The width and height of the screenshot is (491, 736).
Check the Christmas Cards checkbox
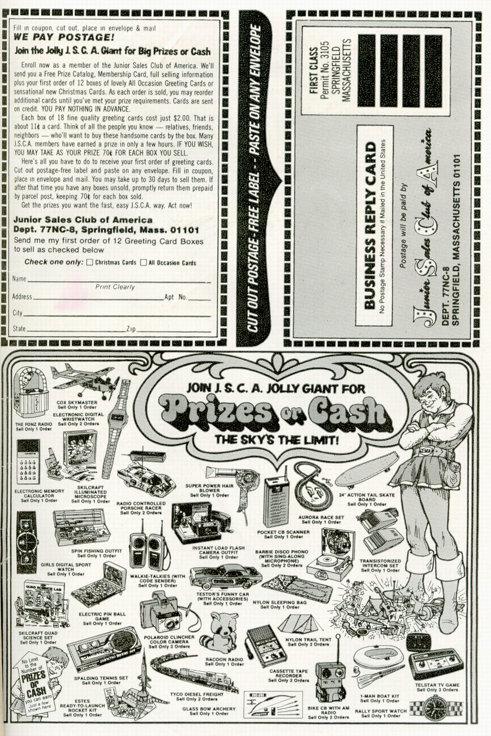pyautogui.click(x=90, y=262)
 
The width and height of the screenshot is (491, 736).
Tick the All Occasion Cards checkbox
pyautogui.click(x=143, y=262)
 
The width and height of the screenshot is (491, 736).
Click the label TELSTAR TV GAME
pyautogui.click(x=437, y=685)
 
